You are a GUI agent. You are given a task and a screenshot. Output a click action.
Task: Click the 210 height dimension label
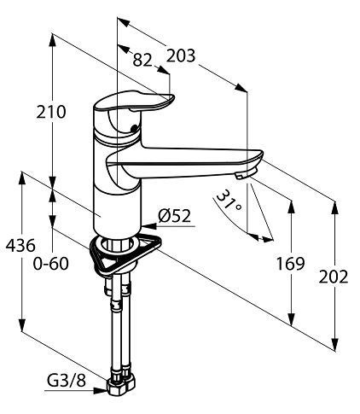click(51, 112)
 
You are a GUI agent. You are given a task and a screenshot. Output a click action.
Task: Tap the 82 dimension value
click(142, 60)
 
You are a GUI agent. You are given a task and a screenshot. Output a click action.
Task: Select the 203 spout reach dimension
click(181, 55)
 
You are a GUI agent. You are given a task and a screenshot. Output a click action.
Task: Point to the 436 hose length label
click(20, 245)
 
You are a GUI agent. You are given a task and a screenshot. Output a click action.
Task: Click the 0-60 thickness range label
click(51, 264)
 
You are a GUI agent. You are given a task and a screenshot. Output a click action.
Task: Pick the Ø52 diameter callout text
click(175, 216)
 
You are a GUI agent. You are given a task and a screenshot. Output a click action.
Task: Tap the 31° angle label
click(229, 201)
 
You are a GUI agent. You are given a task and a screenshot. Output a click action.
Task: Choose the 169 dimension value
click(291, 264)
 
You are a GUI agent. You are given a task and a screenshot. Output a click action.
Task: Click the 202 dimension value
click(334, 277)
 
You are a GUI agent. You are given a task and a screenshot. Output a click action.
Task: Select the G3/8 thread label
click(67, 381)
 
